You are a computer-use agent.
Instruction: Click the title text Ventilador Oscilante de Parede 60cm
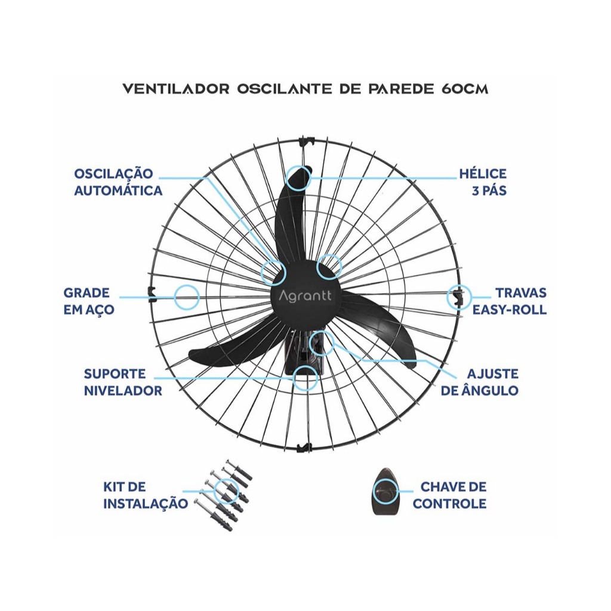tap(305, 89)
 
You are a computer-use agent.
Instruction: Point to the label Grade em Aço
tap(89, 301)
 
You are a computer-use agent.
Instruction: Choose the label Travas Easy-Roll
tap(510, 301)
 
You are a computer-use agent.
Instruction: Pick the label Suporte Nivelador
tap(122, 382)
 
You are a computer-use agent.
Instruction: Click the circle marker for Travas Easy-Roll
tap(459, 297)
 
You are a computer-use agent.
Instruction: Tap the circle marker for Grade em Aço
tap(186, 297)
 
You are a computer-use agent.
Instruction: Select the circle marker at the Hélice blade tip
tap(298, 178)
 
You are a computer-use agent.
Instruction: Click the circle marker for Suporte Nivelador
tap(305, 378)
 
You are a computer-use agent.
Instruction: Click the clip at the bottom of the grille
tap(304, 446)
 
